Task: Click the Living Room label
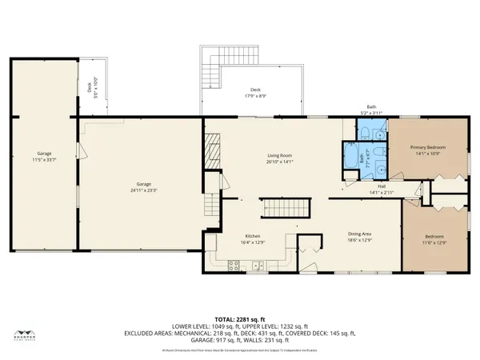[279, 158]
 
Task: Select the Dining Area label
[359, 235]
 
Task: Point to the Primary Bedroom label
[427, 150]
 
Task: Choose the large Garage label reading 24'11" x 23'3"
[143, 187]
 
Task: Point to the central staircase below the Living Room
[281, 208]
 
